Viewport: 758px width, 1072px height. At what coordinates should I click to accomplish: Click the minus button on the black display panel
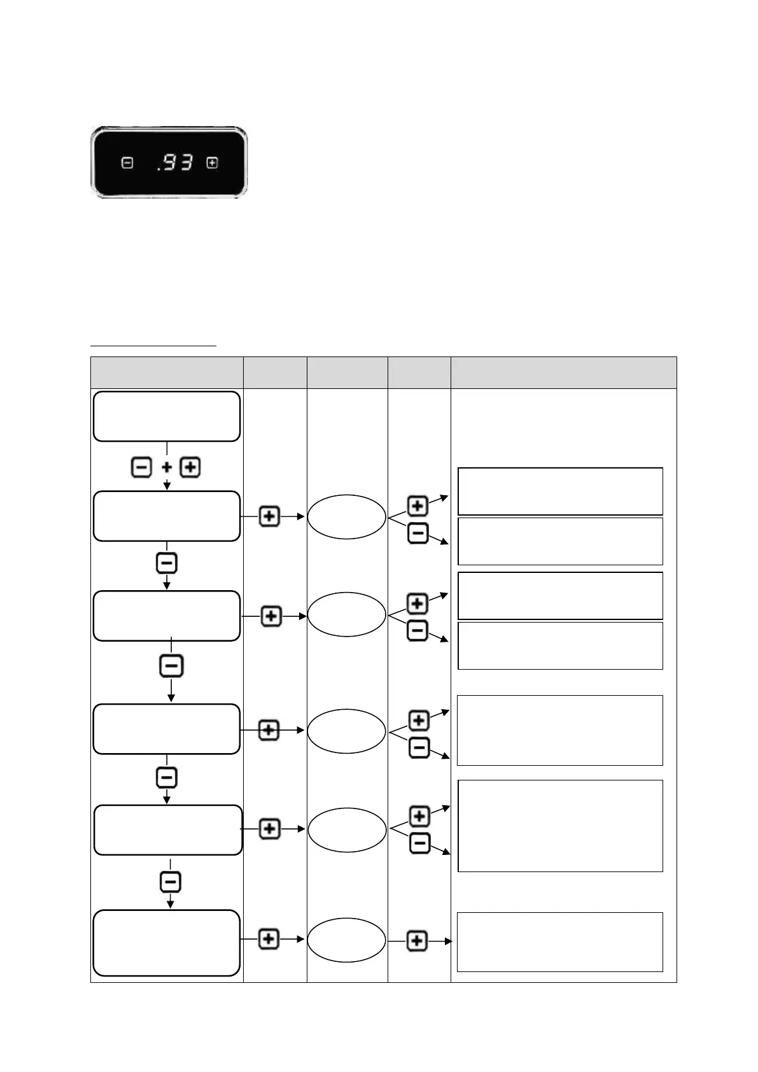pyautogui.click(x=127, y=163)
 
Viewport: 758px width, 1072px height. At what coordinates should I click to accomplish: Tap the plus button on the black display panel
pyautogui.click(x=212, y=163)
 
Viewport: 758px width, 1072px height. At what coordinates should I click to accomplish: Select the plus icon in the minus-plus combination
pyautogui.click(x=190, y=468)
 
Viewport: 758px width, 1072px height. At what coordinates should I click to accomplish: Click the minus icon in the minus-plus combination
pyautogui.click(x=141, y=468)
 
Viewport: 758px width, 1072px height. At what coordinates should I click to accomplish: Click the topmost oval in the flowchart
pyautogui.click(x=347, y=516)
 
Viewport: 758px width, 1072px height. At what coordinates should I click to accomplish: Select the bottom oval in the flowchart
pyautogui.click(x=347, y=940)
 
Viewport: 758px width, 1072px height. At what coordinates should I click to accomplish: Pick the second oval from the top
pyautogui.click(x=347, y=614)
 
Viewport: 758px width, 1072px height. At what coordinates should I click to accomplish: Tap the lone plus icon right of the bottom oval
pyautogui.click(x=417, y=941)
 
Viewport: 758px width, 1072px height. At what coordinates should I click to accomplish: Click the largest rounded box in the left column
pyautogui.click(x=167, y=943)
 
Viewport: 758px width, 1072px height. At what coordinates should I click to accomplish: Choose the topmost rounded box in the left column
pyautogui.click(x=167, y=416)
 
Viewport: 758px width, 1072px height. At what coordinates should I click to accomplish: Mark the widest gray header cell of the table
pyautogui.click(x=563, y=372)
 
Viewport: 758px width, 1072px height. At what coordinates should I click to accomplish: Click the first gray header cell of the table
pyautogui.click(x=167, y=372)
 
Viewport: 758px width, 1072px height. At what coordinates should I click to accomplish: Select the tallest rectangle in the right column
pyautogui.click(x=560, y=826)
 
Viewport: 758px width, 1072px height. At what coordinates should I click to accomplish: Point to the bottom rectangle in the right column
pyautogui.click(x=560, y=942)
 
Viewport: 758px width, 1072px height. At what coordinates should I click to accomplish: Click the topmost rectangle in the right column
pyautogui.click(x=560, y=491)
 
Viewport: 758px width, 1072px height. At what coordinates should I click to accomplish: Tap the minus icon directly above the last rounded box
pyautogui.click(x=171, y=882)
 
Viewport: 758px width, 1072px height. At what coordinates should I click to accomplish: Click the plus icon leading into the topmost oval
pyautogui.click(x=270, y=516)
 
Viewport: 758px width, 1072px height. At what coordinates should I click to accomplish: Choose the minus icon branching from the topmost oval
pyautogui.click(x=418, y=533)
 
